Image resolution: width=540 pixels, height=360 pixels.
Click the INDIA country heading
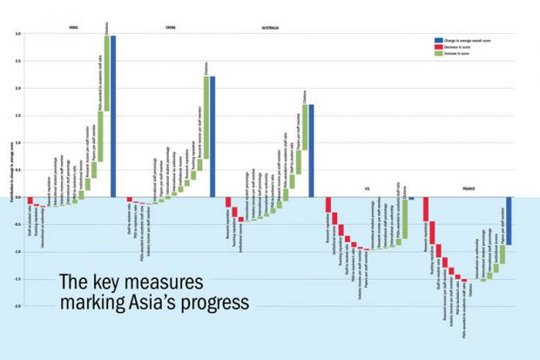pos(74,28)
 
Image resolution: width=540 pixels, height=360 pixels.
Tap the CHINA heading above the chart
pos(170,28)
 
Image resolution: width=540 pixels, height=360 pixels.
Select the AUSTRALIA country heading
pos(270,28)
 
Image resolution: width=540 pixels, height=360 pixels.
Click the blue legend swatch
pos(439,40)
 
